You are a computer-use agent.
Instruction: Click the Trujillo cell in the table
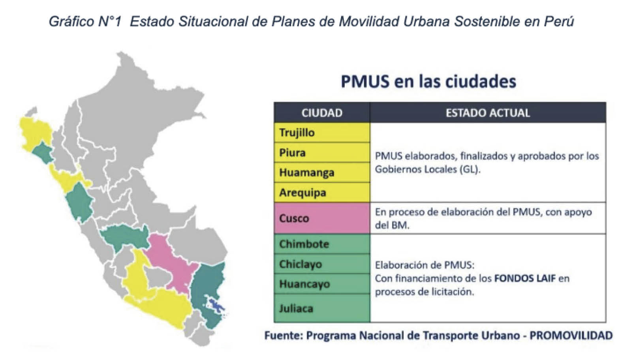click(322, 132)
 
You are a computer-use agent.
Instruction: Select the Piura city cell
click(322, 153)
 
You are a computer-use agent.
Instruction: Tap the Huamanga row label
click(322, 172)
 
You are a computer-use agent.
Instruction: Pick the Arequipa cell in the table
click(322, 192)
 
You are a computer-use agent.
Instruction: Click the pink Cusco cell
click(322, 218)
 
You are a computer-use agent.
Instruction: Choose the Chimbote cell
click(322, 244)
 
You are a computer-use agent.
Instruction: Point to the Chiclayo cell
click(322, 264)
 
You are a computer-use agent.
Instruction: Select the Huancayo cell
click(322, 284)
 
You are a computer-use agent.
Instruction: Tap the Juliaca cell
click(322, 308)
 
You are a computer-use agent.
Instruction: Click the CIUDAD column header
click(322, 113)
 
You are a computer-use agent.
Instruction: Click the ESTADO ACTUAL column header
click(488, 113)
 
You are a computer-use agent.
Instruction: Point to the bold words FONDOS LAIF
click(525, 279)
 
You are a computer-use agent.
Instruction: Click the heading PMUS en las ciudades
click(428, 81)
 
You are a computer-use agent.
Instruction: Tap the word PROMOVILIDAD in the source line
click(571, 336)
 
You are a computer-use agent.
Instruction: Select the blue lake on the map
click(216, 305)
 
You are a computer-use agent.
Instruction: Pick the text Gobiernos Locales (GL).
click(428, 170)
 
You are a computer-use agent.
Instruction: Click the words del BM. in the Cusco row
click(392, 225)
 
